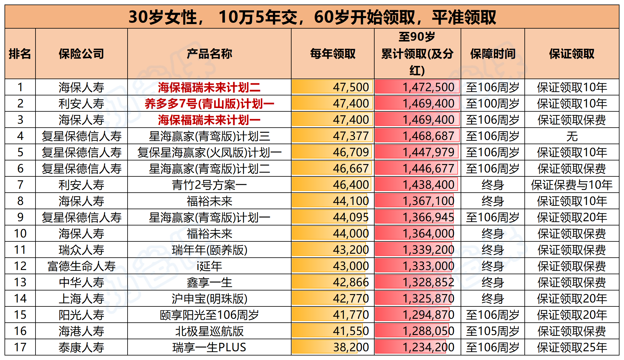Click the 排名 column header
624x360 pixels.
tap(20, 54)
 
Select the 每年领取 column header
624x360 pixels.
tap(332, 54)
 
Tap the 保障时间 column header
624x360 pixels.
tap(493, 54)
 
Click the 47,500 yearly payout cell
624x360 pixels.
tap(351, 87)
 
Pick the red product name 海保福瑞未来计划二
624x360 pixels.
tap(209, 88)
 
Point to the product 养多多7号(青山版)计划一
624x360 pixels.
tap(209, 104)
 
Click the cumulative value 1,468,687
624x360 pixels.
tap(428, 136)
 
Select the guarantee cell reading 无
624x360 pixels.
tap(572, 136)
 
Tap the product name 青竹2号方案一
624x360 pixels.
tap(209, 185)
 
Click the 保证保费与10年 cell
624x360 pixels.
tap(572, 185)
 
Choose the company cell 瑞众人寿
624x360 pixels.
tap(81, 250)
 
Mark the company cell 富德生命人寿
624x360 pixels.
tap(81, 266)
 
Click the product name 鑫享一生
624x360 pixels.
tap(209, 282)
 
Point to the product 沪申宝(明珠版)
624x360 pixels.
tap(209, 299)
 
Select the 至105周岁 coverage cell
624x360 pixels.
tap(493, 331)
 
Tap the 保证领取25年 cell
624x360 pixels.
tap(572, 347)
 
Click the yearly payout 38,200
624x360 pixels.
tap(351, 347)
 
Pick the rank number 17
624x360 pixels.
tap(20, 347)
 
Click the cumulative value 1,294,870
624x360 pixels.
tap(428, 315)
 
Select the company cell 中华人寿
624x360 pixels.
tap(81, 282)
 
